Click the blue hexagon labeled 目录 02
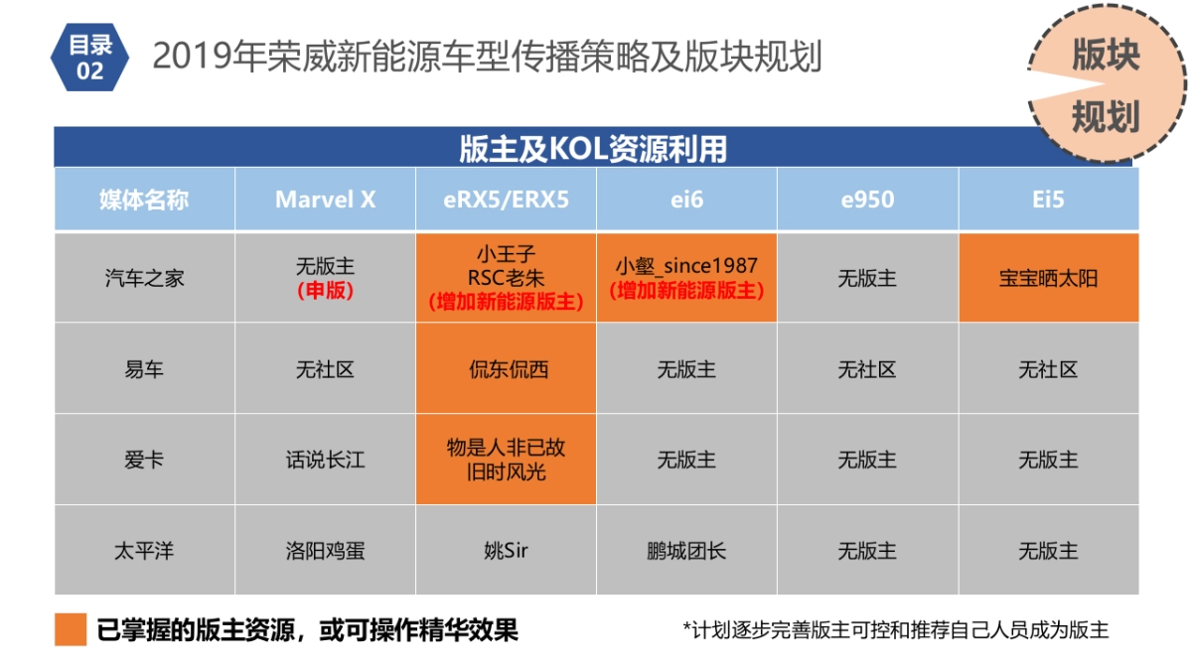click(x=90, y=58)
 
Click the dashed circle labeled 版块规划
click(x=1105, y=86)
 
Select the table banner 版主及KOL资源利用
click(x=593, y=149)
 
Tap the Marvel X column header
click(x=325, y=200)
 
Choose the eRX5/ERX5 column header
click(x=506, y=200)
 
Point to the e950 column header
click(x=867, y=200)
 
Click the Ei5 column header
click(x=1048, y=200)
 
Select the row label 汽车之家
click(x=144, y=278)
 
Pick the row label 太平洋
click(x=144, y=550)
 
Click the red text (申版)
click(x=325, y=292)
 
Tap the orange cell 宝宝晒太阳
click(x=1048, y=278)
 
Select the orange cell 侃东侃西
click(x=506, y=369)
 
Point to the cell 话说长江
click(x=325, y=460)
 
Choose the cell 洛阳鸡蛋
click(x=325, y=550)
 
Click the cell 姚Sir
click(x=506, y=550)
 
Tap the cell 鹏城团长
click(x=686, y=550)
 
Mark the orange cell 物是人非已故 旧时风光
click(x=506, y=460)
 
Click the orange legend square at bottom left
click(x=71, y=630)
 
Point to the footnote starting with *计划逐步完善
click(x=895, y=630)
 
